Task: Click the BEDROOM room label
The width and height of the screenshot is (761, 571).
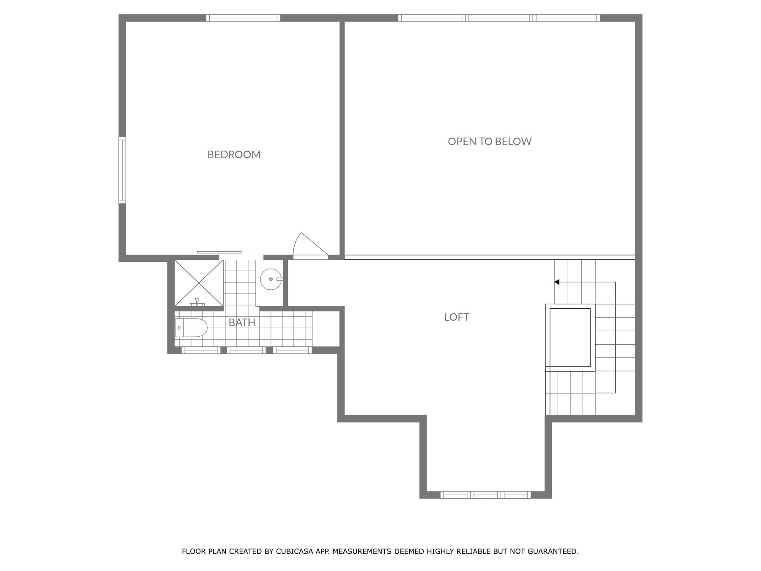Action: coord(234,154)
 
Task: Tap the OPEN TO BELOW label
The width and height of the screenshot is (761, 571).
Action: coord(490,141)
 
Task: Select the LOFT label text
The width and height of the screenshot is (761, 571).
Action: coord(457,317)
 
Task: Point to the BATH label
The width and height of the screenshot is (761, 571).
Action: coord(242,322)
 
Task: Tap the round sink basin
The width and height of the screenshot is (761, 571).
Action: coord(271,279)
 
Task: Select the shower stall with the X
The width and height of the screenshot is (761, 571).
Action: coord(199,283)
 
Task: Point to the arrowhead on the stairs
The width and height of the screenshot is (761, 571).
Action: coord(557,282)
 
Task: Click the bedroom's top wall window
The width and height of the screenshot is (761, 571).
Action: coord(243,18)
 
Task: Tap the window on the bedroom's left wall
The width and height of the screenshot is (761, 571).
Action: coord(122,170)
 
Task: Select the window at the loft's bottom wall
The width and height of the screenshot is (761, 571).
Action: coord(485,494)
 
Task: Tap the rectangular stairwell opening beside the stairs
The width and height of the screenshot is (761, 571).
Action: coord(570,338)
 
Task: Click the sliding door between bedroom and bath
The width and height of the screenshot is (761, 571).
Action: coord(219,253)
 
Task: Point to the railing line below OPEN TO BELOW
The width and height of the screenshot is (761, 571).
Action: coord(490,257)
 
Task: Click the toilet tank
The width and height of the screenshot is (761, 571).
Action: coord(179,328)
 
